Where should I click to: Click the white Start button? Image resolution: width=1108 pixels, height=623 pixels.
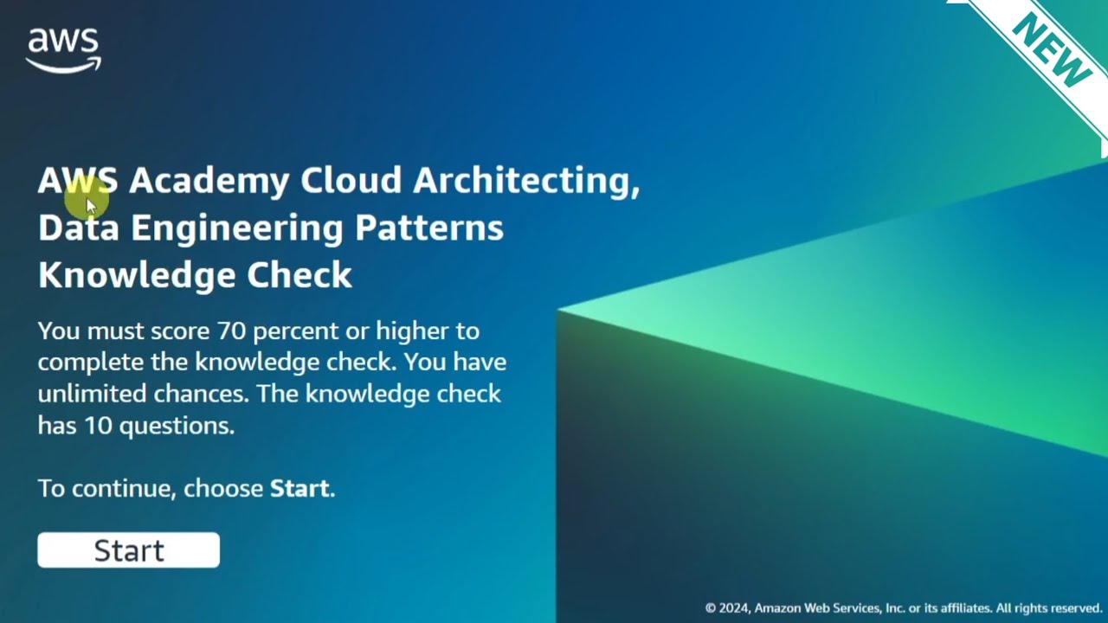128,550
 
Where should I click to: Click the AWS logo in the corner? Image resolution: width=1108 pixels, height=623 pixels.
63,50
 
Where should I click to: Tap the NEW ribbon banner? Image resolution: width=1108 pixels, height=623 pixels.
1049,51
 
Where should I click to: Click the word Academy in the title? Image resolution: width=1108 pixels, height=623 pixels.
209,181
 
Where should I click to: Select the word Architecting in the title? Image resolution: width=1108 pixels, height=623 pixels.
525,181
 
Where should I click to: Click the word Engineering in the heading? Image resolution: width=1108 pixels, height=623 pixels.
236,228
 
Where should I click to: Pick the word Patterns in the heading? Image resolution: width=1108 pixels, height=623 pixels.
428,228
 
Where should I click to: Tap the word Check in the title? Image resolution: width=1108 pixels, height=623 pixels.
300,275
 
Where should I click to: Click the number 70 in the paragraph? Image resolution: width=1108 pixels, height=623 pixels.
231,331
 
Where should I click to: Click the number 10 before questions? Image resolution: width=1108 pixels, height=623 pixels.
98,426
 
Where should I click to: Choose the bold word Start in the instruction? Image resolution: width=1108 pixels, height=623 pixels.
300,488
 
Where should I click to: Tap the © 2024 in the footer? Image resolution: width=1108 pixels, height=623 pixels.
726,608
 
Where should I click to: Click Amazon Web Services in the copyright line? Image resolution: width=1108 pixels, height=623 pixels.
816,608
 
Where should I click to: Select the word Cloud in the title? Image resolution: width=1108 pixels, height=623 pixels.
351,181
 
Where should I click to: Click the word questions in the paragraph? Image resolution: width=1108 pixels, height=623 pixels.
177,426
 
